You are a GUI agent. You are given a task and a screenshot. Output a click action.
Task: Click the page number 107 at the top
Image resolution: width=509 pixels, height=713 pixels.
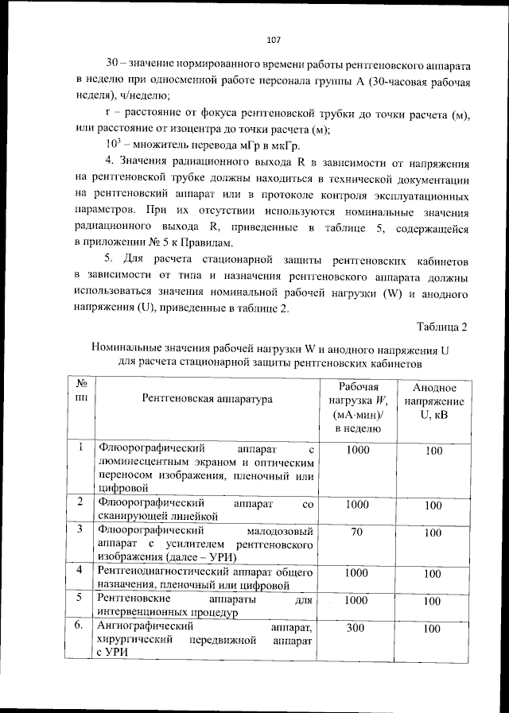point(274,39)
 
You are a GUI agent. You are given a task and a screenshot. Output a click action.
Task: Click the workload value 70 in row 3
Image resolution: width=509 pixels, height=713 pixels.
point(357,531)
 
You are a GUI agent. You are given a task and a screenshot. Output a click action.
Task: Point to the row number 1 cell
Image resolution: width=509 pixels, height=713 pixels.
point(80,448)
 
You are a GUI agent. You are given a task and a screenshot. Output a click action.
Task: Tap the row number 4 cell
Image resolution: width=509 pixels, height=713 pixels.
point(80,571)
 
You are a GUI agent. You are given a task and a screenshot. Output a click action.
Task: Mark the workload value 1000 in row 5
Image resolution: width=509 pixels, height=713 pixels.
point(357,600)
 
